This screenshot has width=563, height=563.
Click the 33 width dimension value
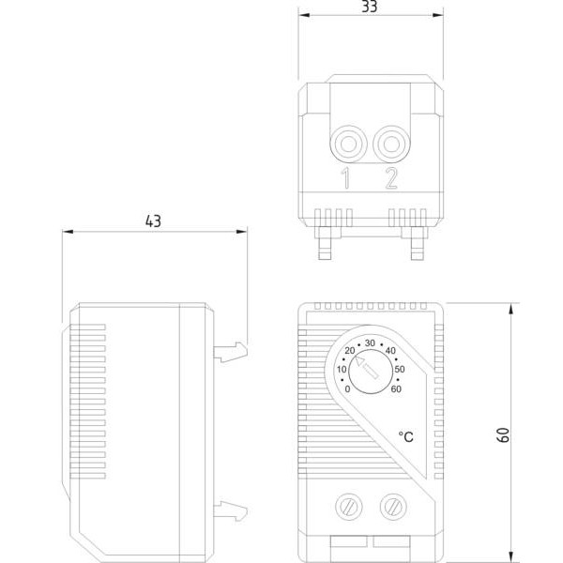coord(370,7)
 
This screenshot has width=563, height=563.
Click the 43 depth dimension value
coord(153,221)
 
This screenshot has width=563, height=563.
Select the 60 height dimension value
coord(504,434)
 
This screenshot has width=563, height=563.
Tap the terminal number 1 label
coord(345,178)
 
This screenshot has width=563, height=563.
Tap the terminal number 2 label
coord(391,178)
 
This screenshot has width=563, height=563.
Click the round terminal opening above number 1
coord(348,144)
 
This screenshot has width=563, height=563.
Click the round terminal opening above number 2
coord(391,144)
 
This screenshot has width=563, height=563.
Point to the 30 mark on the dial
coord(370,342)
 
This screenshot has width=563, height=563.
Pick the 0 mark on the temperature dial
coord(347,388)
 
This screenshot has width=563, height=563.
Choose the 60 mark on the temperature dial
coord(396,388)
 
